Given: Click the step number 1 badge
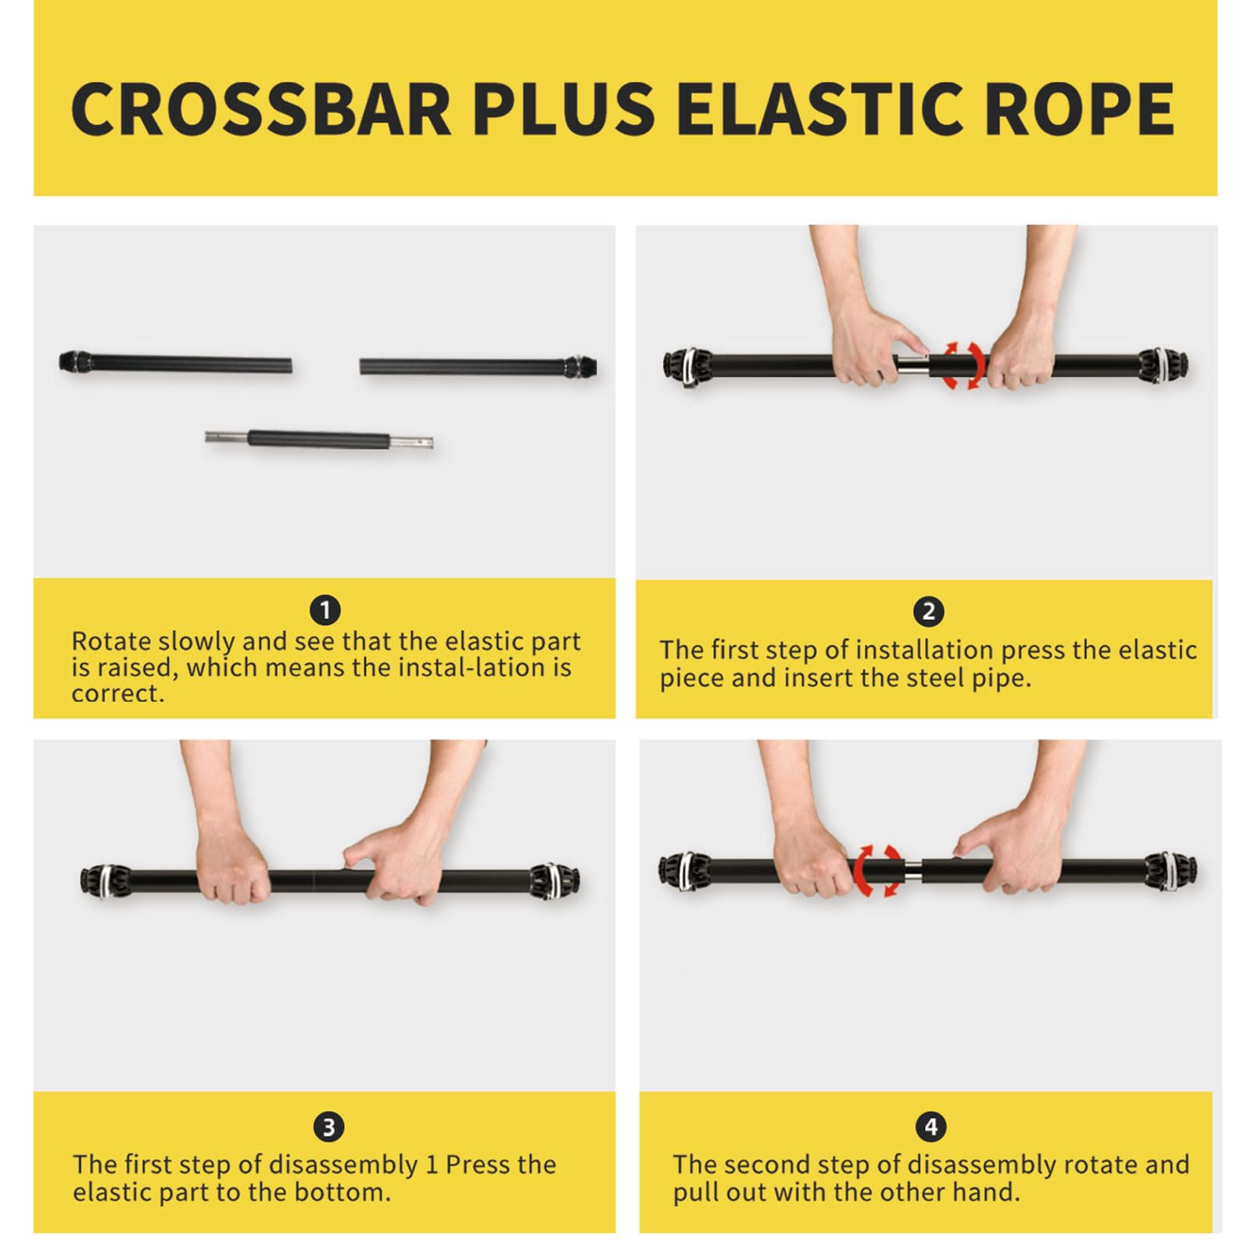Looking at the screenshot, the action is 325,610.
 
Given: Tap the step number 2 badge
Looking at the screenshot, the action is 929,611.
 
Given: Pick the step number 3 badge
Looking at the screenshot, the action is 328,1127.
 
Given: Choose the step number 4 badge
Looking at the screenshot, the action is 930,1127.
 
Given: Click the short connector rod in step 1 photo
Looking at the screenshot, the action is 319,439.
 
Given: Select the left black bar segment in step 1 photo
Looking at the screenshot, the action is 176,364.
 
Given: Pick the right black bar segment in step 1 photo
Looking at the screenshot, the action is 479,366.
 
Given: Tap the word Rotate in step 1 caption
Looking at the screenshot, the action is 112,641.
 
